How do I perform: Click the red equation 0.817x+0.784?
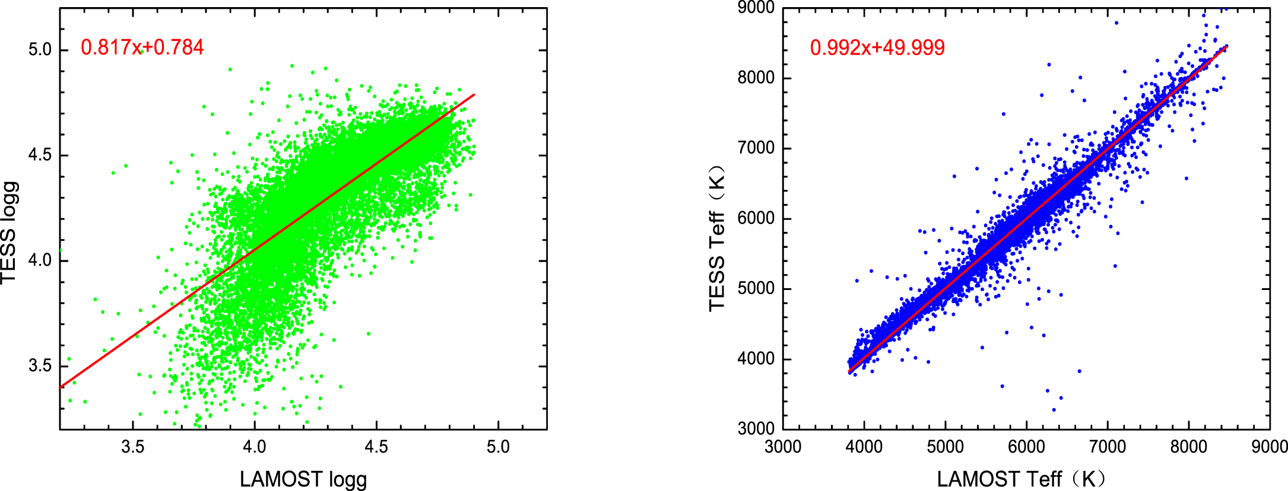[x=142, y=47]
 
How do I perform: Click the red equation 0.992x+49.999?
[x=877, y=48]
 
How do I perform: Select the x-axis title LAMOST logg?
[x=303, y=479]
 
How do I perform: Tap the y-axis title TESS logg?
[x=9, y=232]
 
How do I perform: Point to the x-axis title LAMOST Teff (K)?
[x=1021, y=479]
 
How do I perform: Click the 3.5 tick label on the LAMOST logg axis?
[x=132, y=447]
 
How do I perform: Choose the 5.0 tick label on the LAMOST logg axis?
[x=498, y=447]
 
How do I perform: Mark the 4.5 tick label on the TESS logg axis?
[x=40, y=155]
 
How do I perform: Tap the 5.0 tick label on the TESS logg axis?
[x=40, y=50]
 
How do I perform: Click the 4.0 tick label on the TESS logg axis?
[x=40, y=260]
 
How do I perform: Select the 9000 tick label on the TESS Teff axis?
[x=756, y=8]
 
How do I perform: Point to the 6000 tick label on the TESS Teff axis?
[x=756, y=218]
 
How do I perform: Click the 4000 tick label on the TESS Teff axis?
[x=756, y=359]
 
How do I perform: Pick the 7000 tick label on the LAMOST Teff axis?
[x=1108, y=447]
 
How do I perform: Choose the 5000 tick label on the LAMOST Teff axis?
[x=945, y=447]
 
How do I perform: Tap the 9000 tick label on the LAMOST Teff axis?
[x=1269, y=447]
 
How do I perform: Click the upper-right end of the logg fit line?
[x=474, y=94]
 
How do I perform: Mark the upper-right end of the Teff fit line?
[x=1227, y=46]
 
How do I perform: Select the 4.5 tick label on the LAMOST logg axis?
[x=376, y=447]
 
